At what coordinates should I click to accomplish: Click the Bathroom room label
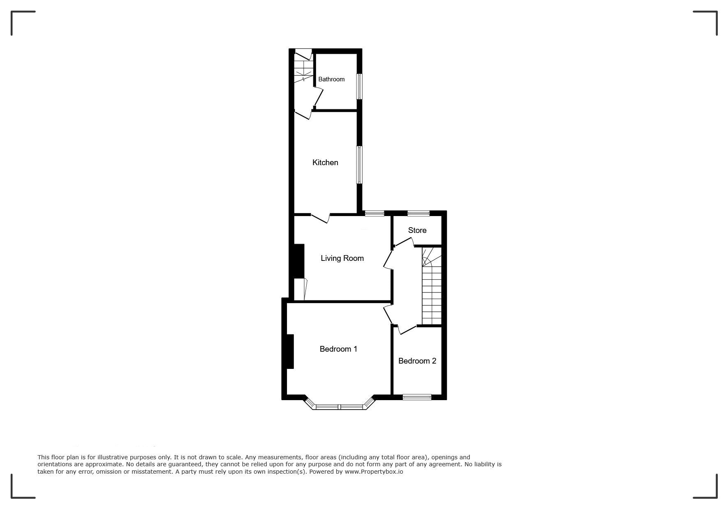[331, 79]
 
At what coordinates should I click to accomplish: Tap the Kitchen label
[325, 163]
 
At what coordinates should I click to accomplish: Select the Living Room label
[342, 258]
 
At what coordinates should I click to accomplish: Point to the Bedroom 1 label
[338, 349]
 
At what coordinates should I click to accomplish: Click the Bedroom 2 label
[417, 361]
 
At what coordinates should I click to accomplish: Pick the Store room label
[417, 230]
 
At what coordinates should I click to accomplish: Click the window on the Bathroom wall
[359, 86]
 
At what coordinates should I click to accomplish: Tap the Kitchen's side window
[359, 165]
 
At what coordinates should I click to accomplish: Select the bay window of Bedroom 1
[340, 406]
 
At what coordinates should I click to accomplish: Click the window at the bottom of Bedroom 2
[417, 397]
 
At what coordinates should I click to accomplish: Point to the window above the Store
[418, 213]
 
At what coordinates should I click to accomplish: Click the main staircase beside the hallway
[432, 286]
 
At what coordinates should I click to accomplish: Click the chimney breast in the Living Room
[299, 261]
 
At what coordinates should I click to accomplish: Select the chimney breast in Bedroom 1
[290, 352]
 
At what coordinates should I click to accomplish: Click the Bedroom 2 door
[407, 330]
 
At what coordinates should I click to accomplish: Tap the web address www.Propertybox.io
[374, 472]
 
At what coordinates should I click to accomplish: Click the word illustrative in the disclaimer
[100, 457]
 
